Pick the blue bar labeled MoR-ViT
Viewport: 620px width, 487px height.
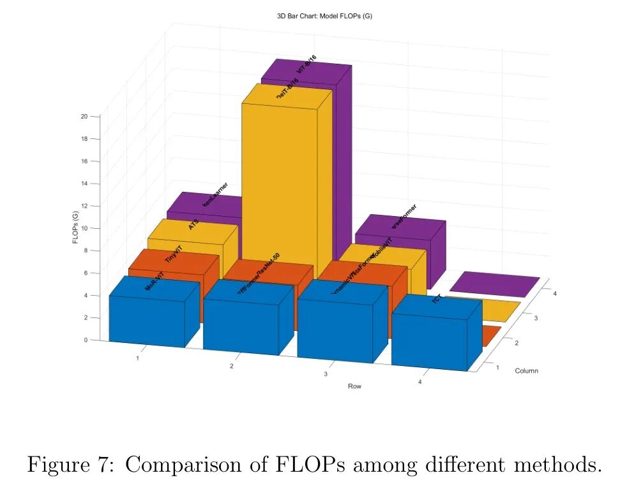(147, 319)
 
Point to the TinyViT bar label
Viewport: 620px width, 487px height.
(174, 254)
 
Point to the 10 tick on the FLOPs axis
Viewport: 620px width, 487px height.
(84, 228)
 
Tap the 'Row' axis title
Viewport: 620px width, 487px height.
(355, 386)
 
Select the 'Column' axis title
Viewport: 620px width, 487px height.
(527, 370)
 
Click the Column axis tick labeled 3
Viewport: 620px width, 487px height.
(535, 317)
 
